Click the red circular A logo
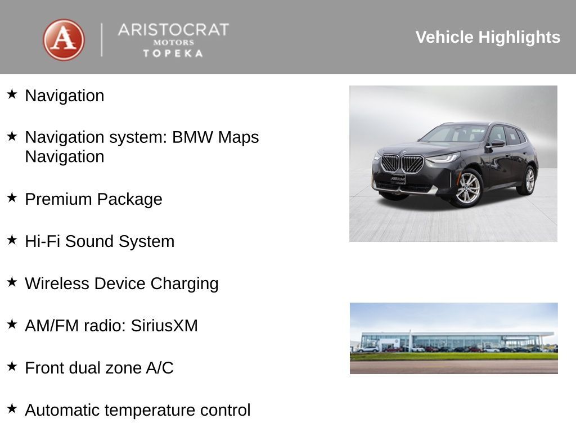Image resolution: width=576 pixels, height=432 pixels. coord(64,40)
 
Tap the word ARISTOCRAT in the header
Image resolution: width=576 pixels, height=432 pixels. coord(173,29)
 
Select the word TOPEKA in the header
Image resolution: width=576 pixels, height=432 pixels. coord(173,53)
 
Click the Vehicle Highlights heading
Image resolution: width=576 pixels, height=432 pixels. coord(488,37)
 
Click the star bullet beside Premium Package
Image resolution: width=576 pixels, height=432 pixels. coord(12,197)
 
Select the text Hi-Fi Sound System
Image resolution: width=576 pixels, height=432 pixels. coord(100,241)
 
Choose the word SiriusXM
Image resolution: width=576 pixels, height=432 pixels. coord(164,326)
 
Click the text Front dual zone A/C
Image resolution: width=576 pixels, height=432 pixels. coord(99,368)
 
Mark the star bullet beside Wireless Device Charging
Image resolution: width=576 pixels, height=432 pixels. coord(12,282)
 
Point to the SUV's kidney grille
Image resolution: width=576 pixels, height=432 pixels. coord(402,163)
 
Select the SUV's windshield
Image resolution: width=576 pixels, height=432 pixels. coord(454,134)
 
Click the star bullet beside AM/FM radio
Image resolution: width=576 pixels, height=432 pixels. coord(12,324)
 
